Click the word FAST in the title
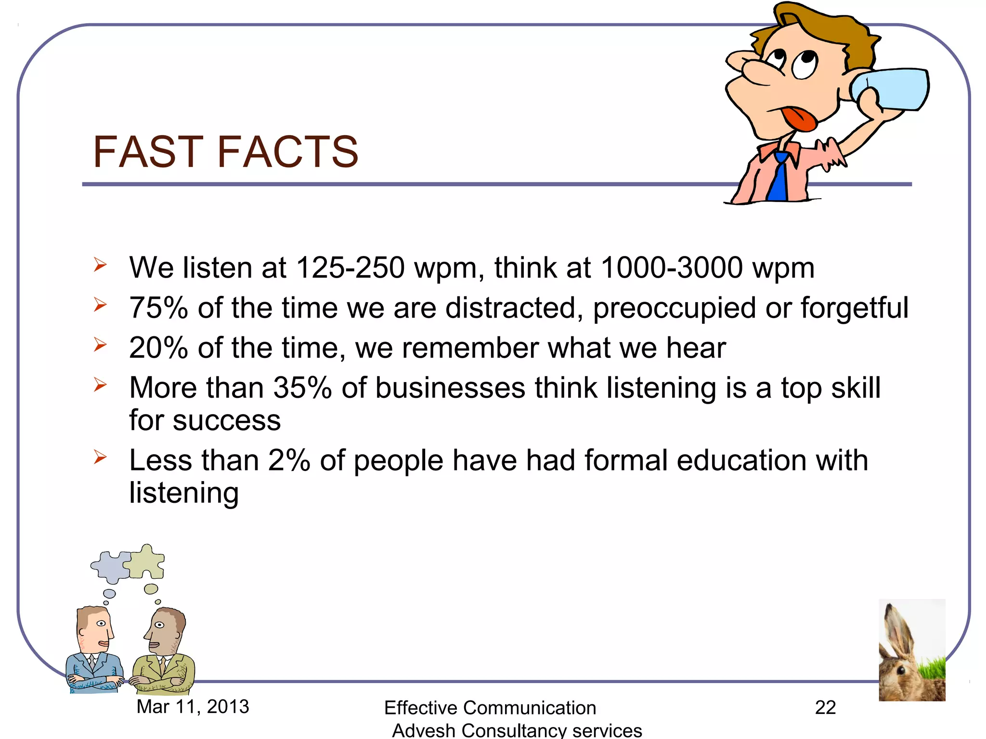point(150,152)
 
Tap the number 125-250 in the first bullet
point(350,268)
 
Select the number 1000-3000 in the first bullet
point(672,268)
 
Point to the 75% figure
point(158,308)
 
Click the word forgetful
point(854,308)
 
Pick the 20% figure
point(158,348)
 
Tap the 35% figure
point(302,388)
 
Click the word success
point(226,421)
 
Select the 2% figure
point(289,460)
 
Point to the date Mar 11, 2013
point(193,707)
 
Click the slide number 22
point(825,708)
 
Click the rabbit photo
point(912,650)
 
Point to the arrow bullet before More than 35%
point(100,385)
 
